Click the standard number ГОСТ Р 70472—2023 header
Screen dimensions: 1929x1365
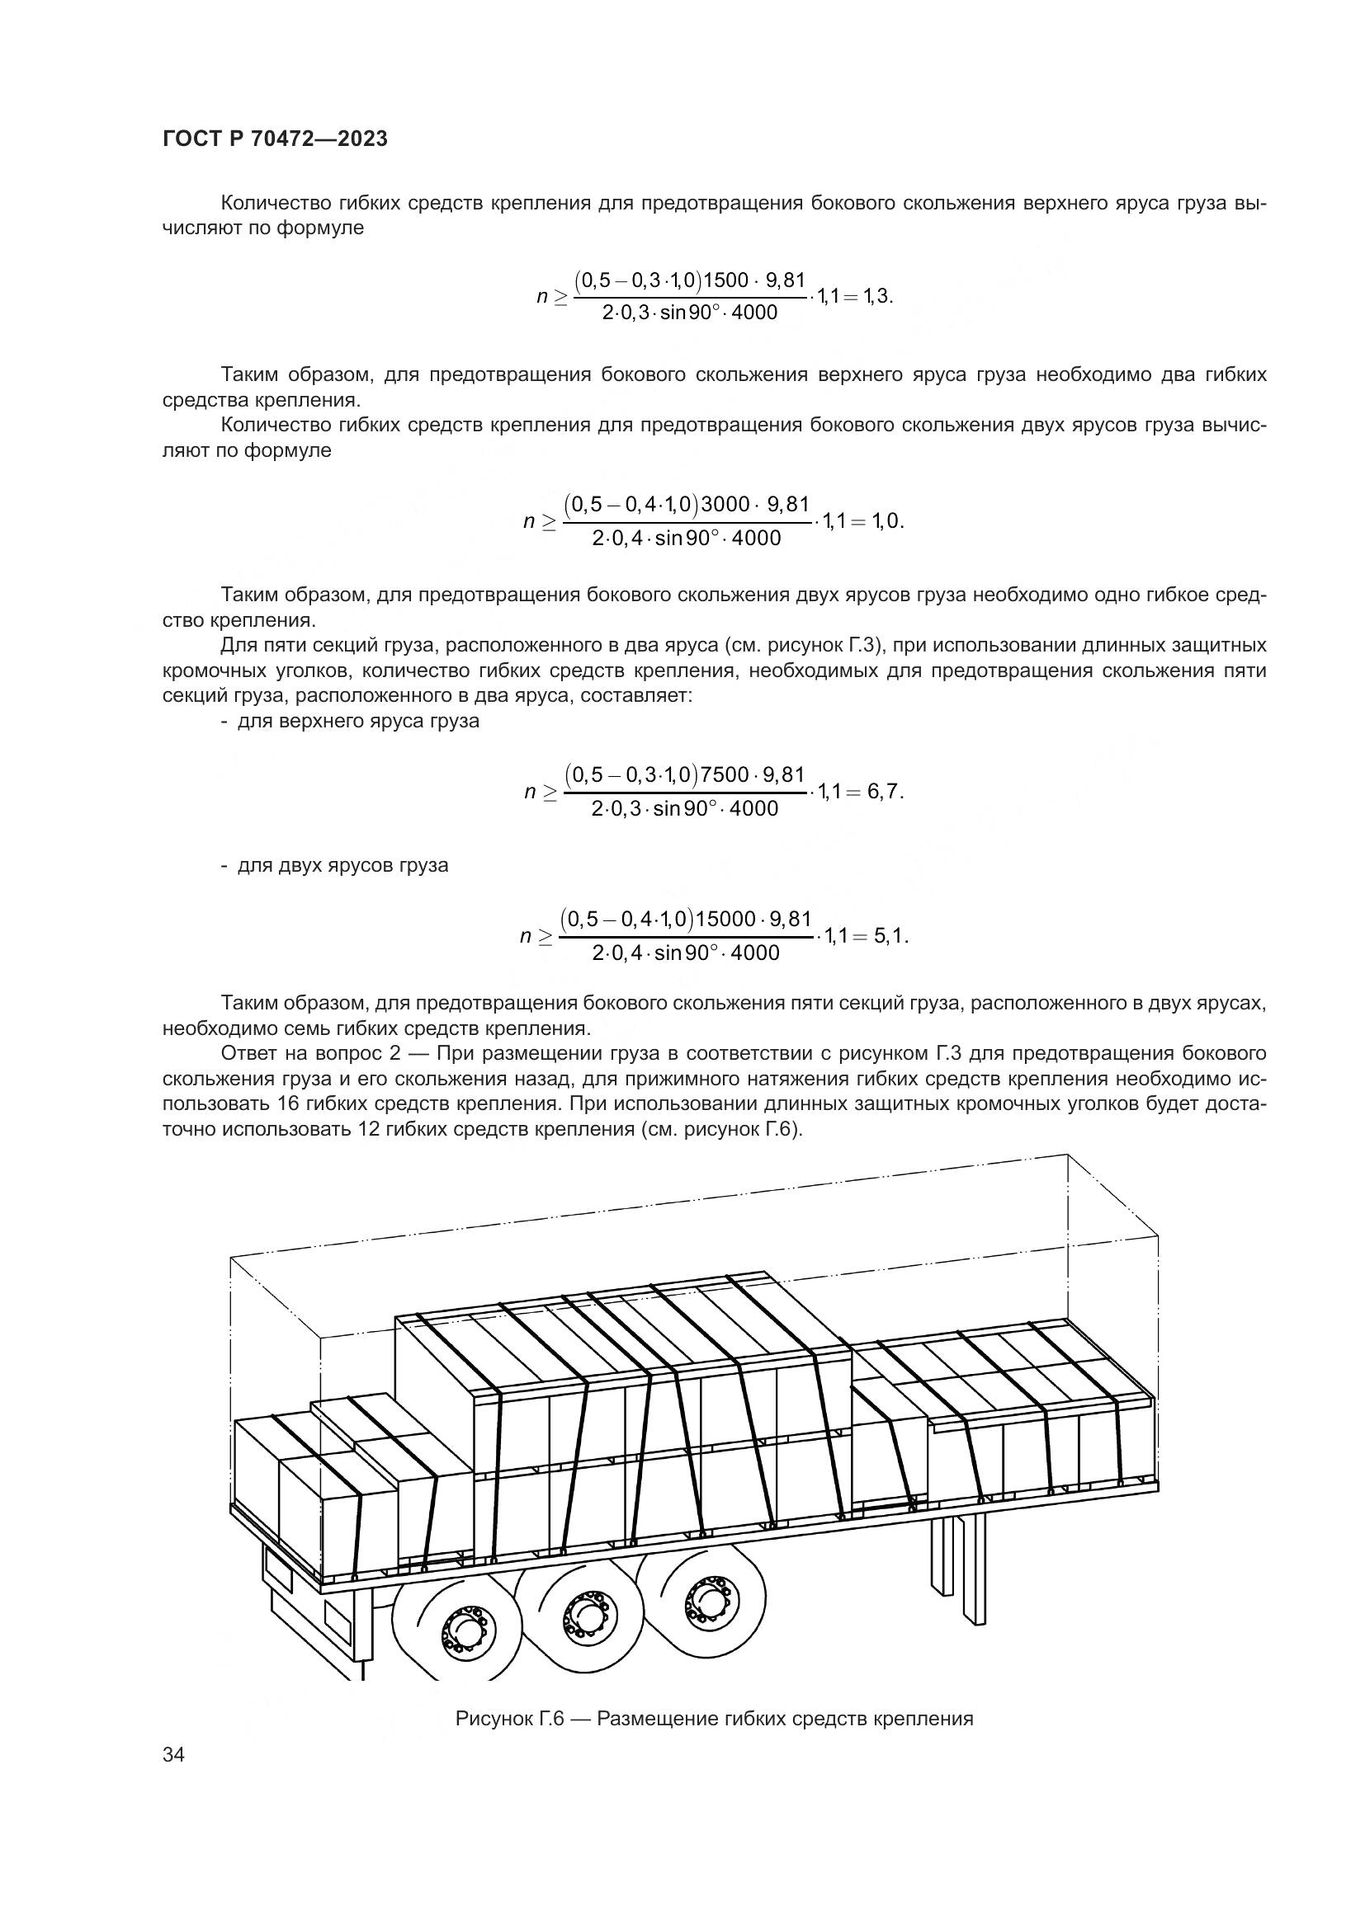tap(275, 139)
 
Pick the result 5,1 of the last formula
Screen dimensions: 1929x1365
tap(890, 935)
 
